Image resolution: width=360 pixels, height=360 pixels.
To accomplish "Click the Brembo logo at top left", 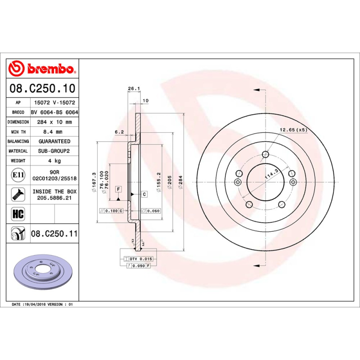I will pos(41,68).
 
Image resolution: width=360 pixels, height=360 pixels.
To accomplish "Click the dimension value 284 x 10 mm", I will pos(54,122).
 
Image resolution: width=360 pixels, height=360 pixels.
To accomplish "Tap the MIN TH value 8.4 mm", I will pos(54,132).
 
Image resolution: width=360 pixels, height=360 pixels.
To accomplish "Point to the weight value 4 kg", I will pos(54,161).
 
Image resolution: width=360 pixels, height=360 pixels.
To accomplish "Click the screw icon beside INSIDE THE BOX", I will pos(17,194).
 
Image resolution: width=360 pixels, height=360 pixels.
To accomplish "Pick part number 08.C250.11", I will pos(54,234).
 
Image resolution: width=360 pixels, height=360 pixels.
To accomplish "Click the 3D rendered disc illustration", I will pos(41,273).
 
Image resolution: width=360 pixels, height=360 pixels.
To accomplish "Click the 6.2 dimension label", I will pos(119,132).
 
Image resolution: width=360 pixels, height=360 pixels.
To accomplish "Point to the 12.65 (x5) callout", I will pos(293,130).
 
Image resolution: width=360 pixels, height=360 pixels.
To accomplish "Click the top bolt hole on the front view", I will pos(265,155).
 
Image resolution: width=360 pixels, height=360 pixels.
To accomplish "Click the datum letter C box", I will pos(144,194).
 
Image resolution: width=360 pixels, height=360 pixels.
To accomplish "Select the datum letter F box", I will pos(118,189).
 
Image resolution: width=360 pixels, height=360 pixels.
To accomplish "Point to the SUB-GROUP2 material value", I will pos(54,151).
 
